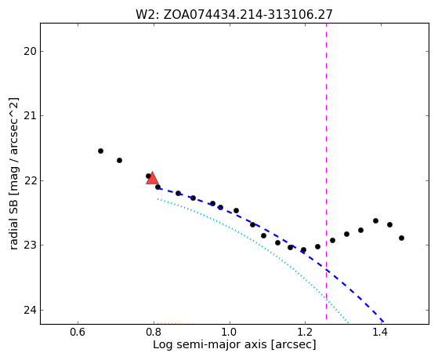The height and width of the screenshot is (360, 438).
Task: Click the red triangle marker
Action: pyautogui.click(x=152, y=178)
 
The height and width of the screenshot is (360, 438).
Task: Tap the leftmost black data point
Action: pyautogui.click(x=100, y=151)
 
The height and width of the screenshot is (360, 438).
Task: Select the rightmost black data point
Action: pyautogui.click(x=401, y=238)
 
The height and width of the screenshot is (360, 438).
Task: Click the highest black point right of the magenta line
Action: pyautogui.click(x=375, y=220)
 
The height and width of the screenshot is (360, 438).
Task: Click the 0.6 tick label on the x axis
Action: pyautogui.click(x=78, y=333)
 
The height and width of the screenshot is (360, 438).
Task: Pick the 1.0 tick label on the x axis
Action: pyautogui.click(x=230, y=333)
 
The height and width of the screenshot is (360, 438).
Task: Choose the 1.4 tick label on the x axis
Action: pyautogui.click(x=381, y=333)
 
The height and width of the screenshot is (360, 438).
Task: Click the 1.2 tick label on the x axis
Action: pyautogui.click(x=305, y=333)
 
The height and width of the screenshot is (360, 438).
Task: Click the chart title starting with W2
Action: pyautogui.click(x=234, y=15)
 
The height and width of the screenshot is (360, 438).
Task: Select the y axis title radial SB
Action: pyautogui.click(x=14, y=173)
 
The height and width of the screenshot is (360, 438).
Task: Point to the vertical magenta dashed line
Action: pyautogui.click(x=326, y=172)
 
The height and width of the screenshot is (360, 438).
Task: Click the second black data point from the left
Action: pyautogui.click(x=119, y=160)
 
